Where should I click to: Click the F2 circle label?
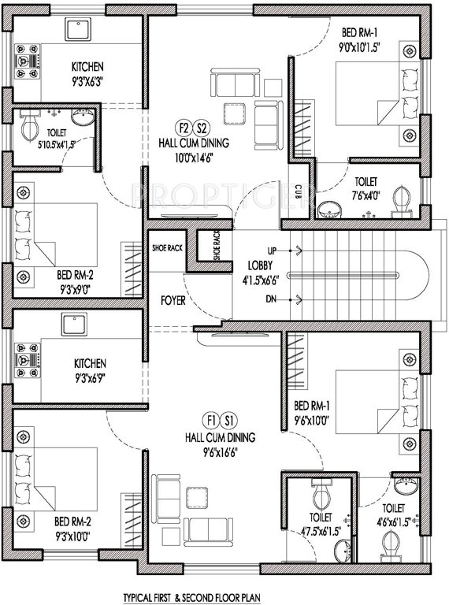tap(183, 128)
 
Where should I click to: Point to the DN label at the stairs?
tap(273, 299)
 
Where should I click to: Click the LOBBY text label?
tap(260, 265)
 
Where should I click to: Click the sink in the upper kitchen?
tap(77, 30)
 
